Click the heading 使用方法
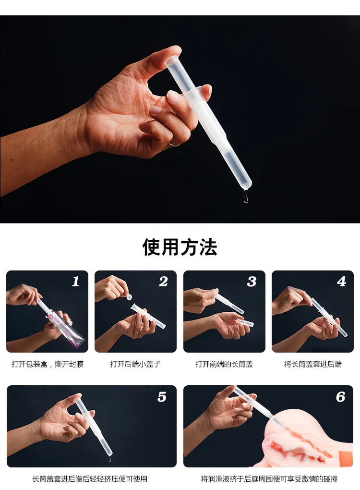tap(180, 247)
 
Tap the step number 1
tap(75, 282)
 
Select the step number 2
tap(163, 282)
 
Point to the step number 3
tap(252, 282)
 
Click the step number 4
tap(342, 282)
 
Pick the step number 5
tap(162, 397)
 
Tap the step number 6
tap(340, 397)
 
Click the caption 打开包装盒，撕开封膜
tap(48, 364)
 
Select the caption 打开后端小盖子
tap(135, 364)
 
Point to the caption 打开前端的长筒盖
tap(224, 364)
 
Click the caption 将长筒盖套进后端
tap(312, 364)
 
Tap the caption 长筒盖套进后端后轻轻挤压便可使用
tap(90, 479)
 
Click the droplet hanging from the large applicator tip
tap(246, 197)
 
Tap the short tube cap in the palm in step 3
tap(244, 323)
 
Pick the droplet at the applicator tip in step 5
tap(109, 459)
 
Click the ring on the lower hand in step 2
tap(136, 331)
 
